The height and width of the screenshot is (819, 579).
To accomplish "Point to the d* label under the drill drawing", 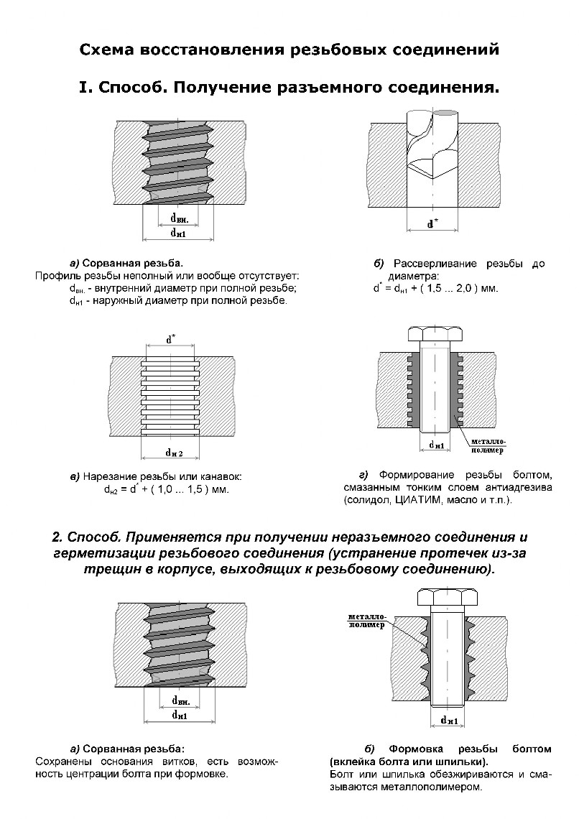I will [x=432, y=223].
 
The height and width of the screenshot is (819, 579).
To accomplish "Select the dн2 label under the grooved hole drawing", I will [x=175, y=453].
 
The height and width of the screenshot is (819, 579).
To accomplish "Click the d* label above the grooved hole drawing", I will [x=170, y=339].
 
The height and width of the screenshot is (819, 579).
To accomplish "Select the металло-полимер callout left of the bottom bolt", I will [x=366, y=621].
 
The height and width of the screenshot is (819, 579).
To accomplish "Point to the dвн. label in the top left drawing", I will [x=180, y=217].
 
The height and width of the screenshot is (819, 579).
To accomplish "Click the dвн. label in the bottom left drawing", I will [x=180, y=700].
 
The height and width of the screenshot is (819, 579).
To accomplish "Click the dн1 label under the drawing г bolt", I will [x=436, y=445].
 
